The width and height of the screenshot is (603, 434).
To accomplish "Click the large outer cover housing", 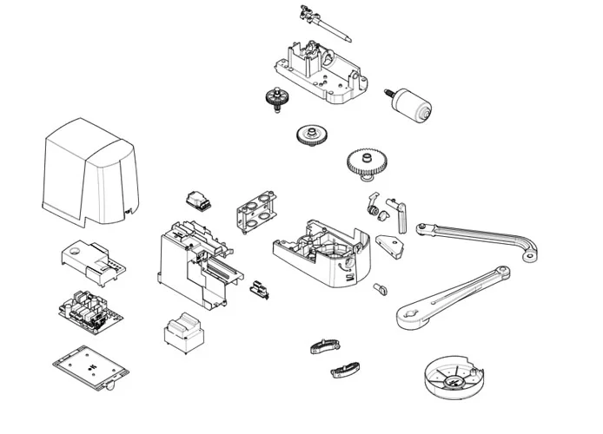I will tap(87, 174).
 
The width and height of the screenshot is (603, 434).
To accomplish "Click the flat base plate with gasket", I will tap(86, 369).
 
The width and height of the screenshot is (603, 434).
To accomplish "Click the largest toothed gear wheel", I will tap(367, 162).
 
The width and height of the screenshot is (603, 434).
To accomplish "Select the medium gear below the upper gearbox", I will tap(309, 135).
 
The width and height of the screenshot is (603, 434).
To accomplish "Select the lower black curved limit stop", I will tap(344, 371).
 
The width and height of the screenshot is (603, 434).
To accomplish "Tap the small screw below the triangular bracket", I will tap(379, 286).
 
